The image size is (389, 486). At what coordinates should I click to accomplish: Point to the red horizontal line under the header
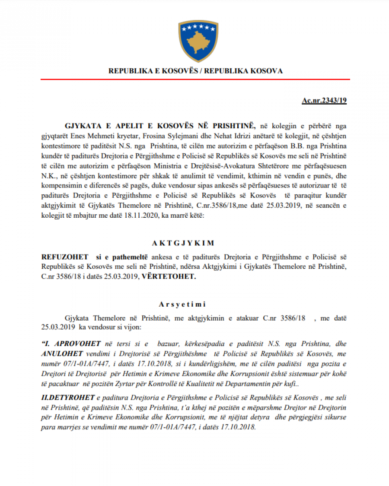[195, 79]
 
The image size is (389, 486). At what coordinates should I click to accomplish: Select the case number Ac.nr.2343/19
[324, 101]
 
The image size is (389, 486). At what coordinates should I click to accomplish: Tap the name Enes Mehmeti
[85, 135]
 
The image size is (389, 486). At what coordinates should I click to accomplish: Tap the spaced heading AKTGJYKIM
[195, 243]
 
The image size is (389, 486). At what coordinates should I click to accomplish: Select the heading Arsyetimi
[194, 304]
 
